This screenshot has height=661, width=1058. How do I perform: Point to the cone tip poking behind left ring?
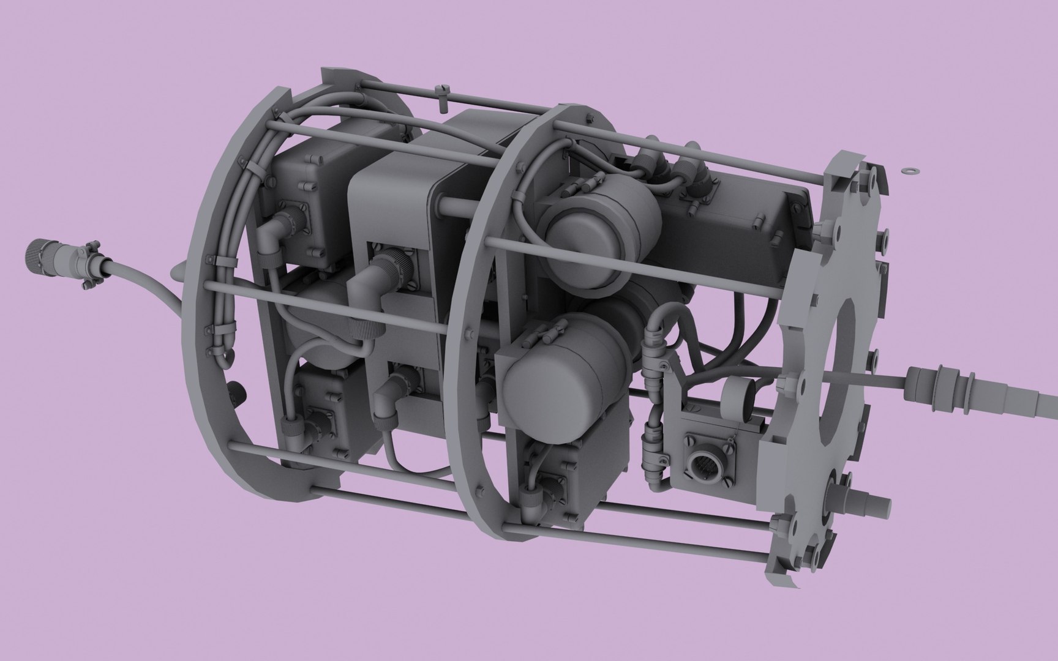(178, 268)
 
